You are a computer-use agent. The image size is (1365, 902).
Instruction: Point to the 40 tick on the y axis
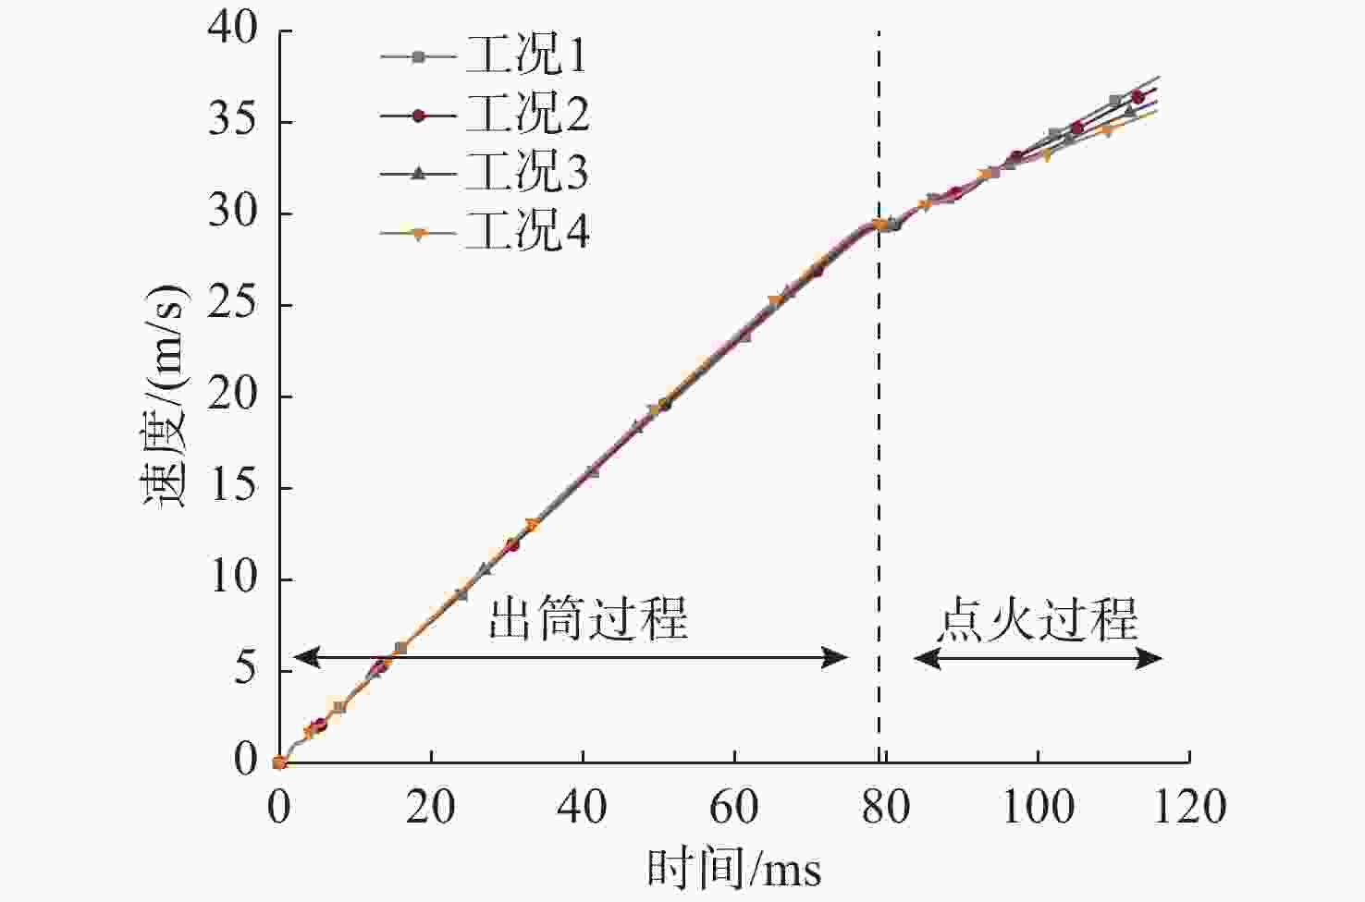[233, 30]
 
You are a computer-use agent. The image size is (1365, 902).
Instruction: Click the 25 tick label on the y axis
[233, 304]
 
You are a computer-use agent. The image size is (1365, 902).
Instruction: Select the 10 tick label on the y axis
[233, 579]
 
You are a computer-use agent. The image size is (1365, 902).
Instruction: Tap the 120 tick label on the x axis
[1189, 807]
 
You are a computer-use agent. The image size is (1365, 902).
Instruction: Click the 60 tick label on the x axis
[734, 807]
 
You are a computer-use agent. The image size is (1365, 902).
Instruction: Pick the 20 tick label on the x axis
[431, 807]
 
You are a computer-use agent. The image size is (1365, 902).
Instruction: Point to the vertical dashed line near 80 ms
[879, 462]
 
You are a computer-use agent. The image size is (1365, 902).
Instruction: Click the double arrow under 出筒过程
[571, 658]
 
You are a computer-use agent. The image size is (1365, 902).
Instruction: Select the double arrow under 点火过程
[1038, 658]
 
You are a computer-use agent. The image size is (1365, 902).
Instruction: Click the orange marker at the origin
[279, 762]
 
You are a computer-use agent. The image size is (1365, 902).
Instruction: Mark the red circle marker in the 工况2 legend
[418, 116]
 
